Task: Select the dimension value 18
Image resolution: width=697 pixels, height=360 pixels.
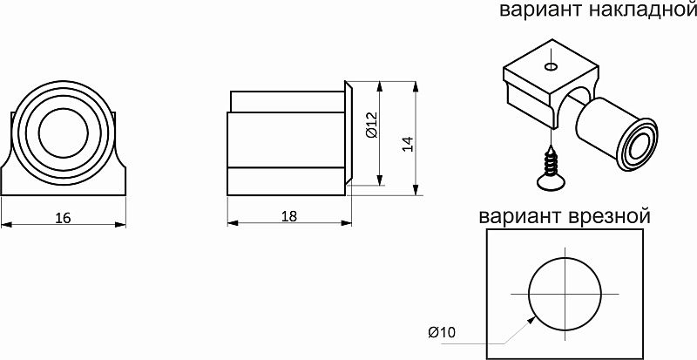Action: click(289, 217)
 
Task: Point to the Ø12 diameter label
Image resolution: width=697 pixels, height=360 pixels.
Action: click(370, 127)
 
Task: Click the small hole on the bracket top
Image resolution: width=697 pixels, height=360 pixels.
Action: click(550, 66)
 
